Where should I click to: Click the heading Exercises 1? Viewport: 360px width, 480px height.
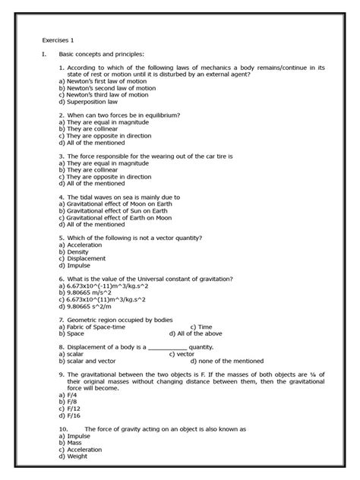57,39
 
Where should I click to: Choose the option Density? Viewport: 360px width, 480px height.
75,251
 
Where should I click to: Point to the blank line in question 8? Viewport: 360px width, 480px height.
170,347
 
